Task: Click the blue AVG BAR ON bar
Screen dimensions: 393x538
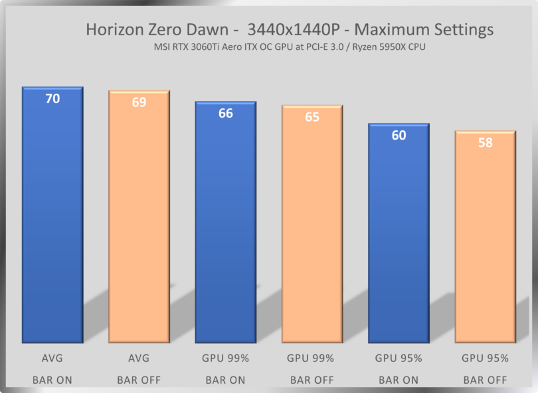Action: (x=52, y=219)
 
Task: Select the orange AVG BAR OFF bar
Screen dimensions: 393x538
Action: (x=139, y=223)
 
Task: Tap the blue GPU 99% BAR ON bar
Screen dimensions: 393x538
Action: (x=225, y=226)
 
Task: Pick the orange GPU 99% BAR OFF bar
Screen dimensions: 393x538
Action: (x=312, y=229)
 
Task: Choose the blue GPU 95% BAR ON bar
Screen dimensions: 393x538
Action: (x=399, y=236)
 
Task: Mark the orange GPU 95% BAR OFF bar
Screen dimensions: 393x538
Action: (x=486, y=239)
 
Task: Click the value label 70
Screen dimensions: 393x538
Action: (x=52, y=99)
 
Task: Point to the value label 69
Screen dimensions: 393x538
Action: (x=139, y=102)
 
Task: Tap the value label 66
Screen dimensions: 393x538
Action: (x=226, y=114)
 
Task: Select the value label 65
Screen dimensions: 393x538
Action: (x=312, y=117)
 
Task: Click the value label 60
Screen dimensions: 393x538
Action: (x=399, y=136)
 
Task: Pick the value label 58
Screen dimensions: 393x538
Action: (x=486, y=142)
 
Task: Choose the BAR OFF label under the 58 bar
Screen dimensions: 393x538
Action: (x=486, y=380)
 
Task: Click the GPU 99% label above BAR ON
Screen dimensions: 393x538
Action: (x=226, y=358)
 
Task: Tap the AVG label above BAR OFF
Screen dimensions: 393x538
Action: (x=139, y=358)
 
